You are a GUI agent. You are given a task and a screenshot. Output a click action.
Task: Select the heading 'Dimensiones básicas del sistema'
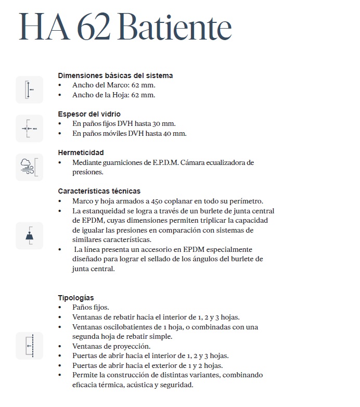(115, 75)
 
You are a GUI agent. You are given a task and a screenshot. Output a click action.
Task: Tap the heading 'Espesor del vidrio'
(89, 114)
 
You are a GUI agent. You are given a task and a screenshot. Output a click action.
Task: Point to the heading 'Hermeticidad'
(81, 152)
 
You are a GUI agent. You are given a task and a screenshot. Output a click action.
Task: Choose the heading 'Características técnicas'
(99, 191)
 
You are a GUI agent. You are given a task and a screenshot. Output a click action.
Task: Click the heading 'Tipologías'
(76, 298)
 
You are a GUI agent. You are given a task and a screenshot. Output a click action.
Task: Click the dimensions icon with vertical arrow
(29, 90)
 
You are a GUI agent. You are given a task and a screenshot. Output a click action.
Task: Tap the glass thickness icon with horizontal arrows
(29, 128)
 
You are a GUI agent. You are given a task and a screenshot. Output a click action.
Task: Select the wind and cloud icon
(29, 167)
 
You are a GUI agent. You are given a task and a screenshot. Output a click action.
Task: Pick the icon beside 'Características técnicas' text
(29, 235)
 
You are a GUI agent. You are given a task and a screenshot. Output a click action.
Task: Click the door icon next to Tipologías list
(29, 346)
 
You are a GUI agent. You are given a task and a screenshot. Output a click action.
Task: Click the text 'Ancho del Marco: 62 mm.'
(114, 85)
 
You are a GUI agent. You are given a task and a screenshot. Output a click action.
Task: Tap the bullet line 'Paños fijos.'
(91, 308)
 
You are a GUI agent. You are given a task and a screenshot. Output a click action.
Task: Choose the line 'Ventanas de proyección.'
(111, 346)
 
